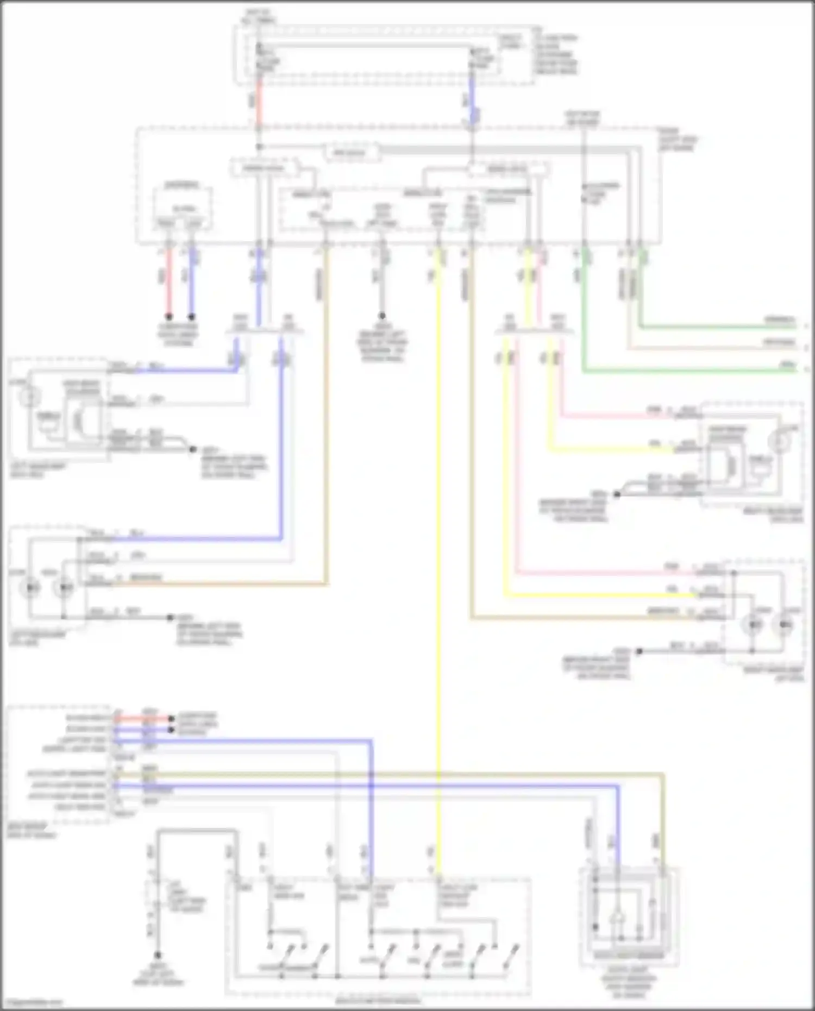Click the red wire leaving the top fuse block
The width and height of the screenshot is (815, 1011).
pyautogui.click(x=259, y=103)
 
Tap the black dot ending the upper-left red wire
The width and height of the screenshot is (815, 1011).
pyautogui.click(x=170, y=316)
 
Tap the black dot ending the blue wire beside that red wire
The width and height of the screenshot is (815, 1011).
pyautogui.click(x=191, y=316)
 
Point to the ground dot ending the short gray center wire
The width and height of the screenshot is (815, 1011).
pyautogui.click(x=382, y=316)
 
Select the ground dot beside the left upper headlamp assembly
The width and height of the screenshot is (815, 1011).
pyautogui.click(x=191, y=449)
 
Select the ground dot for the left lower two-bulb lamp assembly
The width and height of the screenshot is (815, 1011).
pyautogui.click(x=170, y=618)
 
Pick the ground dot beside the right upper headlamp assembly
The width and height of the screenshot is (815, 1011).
pyautogui.click(x=617, y=494)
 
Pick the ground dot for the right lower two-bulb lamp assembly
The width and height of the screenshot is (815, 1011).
pyautogui.click(x=640, y=651)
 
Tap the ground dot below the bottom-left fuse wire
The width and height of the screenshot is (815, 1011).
pyautogui.click(x=158, y=955)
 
